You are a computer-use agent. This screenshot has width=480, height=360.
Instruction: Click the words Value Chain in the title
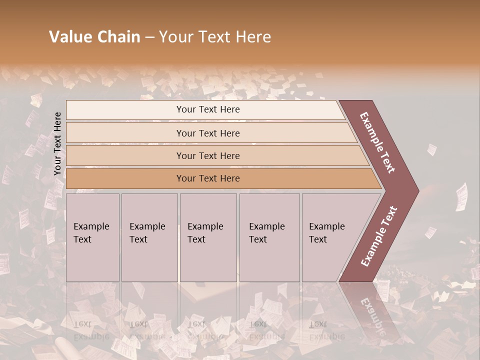pos(94,37)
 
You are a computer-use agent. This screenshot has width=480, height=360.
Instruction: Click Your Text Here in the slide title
pos(215,37)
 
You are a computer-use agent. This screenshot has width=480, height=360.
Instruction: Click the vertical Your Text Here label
pos(57,143)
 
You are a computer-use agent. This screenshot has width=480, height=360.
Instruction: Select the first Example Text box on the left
pos(92,237)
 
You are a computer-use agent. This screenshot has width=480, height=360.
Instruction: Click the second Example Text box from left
pos(149,237)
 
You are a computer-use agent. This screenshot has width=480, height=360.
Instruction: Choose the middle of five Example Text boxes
pos(207,237)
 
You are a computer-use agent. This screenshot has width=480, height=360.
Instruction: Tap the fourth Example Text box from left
pos(269,237)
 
